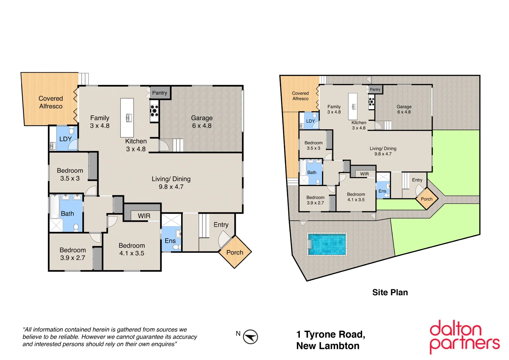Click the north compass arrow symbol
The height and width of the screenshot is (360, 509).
[250, 337]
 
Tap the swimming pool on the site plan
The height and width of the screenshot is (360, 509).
[327, 244]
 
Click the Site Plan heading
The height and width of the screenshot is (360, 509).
[390, 292]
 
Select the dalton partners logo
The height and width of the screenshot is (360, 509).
[464, 336]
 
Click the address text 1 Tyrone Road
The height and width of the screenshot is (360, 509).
[330, 334]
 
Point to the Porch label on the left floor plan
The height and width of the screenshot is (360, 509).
[235, 252]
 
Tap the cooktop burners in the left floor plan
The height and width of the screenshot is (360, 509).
[154, 110]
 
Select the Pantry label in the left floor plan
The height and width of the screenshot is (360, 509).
[160, 93]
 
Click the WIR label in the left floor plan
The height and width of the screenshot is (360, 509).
[144, 216]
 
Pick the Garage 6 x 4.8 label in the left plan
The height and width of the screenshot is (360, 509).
[202, 122]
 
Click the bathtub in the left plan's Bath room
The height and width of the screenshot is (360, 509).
[54, 207]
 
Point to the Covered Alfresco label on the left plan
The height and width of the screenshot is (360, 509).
[51, 102]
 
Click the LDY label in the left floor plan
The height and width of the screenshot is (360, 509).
[65, 139]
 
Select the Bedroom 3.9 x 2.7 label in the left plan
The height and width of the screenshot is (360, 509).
[73, 254]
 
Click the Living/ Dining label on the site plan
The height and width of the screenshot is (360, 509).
[383, 151]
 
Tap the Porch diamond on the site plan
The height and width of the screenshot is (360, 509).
[427, 199]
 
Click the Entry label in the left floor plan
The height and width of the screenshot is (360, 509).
[221, 225]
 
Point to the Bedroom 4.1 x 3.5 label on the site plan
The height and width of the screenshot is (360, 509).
[356, 197]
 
